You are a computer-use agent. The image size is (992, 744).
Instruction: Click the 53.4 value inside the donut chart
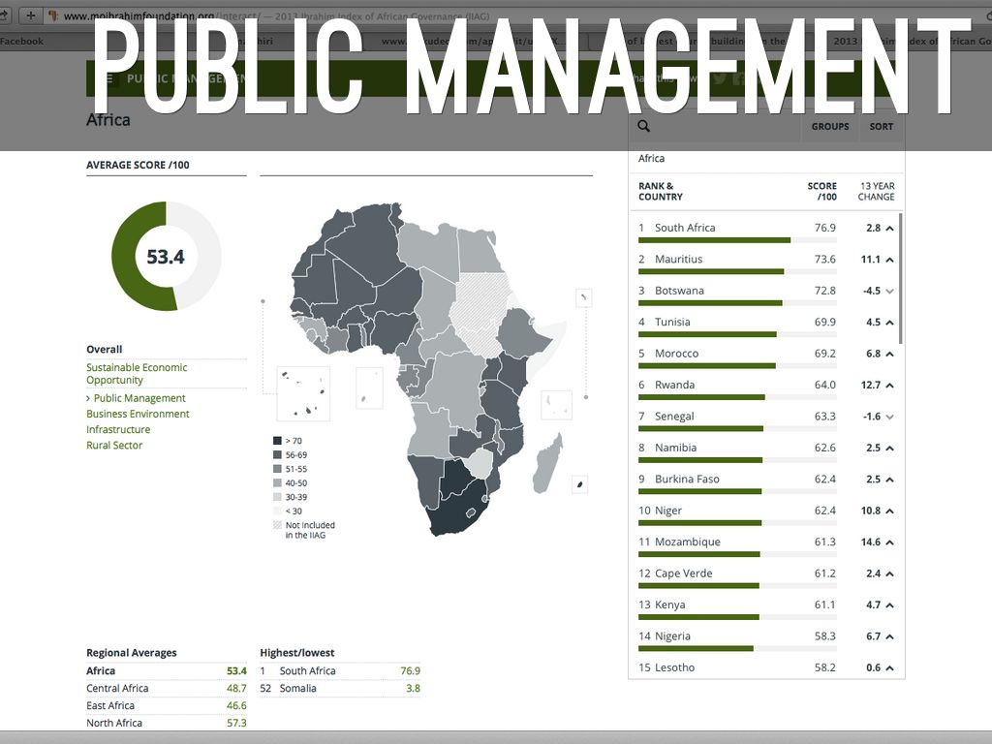pyautogui.click(x=166, y=257)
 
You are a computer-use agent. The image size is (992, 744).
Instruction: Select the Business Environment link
pyautogui.click(x=138, y=414)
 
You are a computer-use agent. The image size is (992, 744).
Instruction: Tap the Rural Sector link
pyautogui.click(x=114, y=446)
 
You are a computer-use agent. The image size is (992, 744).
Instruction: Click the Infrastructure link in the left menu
pyautogui.click(x=118, y=429)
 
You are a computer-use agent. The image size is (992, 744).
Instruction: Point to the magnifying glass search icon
pyautogui.click(x=644, y=126)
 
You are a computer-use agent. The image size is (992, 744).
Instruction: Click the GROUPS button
pyautogui.click(x=830, y=127)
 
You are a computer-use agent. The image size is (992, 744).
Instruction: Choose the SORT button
pyautogui.click(x=882, y=127)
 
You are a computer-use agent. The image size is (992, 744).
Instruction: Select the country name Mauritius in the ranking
pyautogui.click(x=678, y=259)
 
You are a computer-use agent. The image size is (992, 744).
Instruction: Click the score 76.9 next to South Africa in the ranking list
pyautogui.click(x=824, y=228)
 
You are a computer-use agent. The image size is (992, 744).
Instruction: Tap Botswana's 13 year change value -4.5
pyautogui.click(x=873, y=291)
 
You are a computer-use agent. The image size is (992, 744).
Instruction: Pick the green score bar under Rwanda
pyautogui.click(x=701, y=397)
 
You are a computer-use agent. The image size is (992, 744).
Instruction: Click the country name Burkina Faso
pyautogui.click(x=687, y=479)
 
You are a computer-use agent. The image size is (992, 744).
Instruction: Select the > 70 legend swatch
pyautogui.click(x=277, y=441)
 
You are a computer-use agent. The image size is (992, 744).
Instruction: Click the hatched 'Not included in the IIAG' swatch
pyautogui.click(x=277, y=525)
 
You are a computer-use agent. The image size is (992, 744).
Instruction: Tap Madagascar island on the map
pyautogui.click(x=547, y=463)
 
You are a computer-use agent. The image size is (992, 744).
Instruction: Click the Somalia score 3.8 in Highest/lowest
pyautogui.click(x=413, y=688)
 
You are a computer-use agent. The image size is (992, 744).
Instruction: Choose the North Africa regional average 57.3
pyautogui.click(x=236, y=723)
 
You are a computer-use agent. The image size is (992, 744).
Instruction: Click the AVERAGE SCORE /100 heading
pyautogui.click(x=138, y=165)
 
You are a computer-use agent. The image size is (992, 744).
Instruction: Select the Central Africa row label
pyautogui.click(x=117, y=688)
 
